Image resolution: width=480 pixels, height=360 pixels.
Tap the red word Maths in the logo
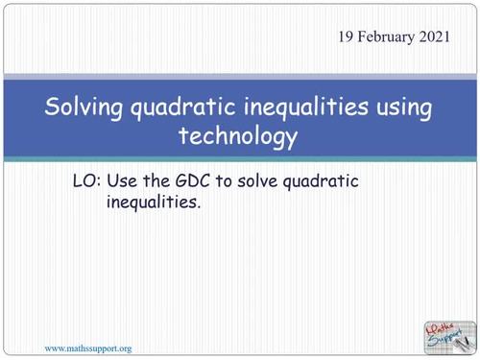click(442, 326)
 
